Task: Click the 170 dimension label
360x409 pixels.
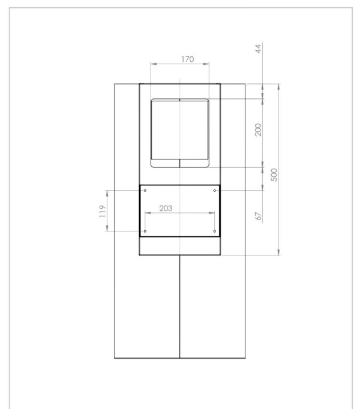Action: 188,59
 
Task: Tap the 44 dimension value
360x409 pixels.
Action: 258,49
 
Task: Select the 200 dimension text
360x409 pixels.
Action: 258,130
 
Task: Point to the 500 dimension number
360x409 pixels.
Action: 274,175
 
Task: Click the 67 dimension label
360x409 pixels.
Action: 258,216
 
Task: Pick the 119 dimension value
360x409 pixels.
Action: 103,211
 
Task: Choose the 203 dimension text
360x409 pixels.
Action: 166,209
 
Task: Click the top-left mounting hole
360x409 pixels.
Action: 145,191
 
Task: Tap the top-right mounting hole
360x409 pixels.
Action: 215,191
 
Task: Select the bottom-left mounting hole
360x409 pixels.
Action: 145,231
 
